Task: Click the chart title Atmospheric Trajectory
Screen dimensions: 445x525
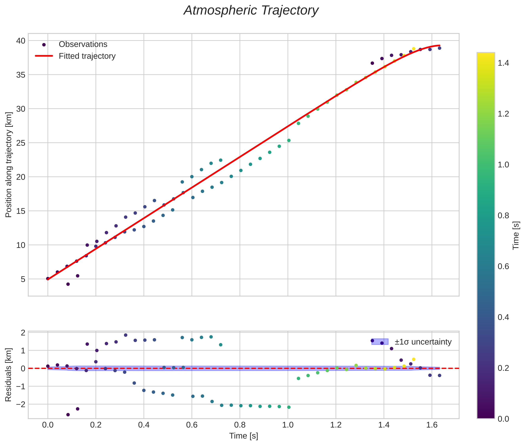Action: [x=251, y=11]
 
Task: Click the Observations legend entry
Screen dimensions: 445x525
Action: [x=83, y=44]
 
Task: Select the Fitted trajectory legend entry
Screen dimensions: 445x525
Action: [x=87, y=56]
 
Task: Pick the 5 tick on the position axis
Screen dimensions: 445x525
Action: [x=23, y=279]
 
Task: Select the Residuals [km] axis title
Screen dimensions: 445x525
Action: [x=9, y=375]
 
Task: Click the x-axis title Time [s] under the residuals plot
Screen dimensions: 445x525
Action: [x=243, y=436]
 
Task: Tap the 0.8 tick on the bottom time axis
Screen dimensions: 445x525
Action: [x=240, y=425]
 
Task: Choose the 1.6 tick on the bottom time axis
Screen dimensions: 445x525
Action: [x=432, y=425]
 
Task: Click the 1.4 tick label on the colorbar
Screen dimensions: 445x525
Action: [x=503, y=63]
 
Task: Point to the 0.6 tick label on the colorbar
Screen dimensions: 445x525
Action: [x=503, y=266]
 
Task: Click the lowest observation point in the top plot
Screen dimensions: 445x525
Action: [x=68, y=284]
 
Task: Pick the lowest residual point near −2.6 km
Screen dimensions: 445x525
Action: [x=68, y=415]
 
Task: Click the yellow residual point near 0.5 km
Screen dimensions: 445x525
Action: [x=413, y=359]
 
